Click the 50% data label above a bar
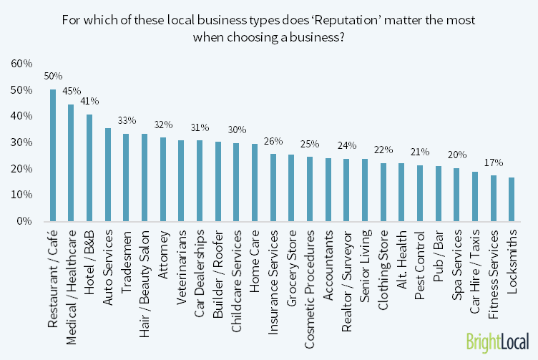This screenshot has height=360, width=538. click(53, 75)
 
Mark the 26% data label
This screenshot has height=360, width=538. click(273, 140)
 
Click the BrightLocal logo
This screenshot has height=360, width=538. click(497, 340)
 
